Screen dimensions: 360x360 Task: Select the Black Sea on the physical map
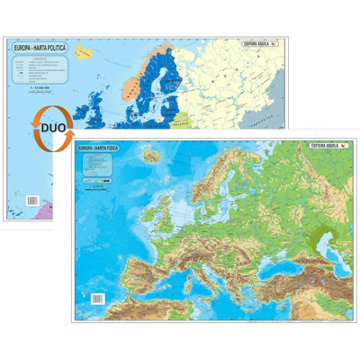(x=288, y=261)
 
